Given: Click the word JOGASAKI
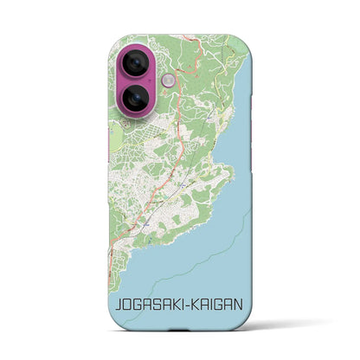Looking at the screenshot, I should click(x=149, y=305).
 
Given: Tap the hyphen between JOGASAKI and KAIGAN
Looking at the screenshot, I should click(x=190, y=305).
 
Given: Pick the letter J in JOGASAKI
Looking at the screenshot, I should click(x=115, y=305).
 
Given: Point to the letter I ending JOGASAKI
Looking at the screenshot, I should click(x=182, y=305).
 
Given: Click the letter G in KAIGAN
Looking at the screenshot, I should click(x=224, y=305).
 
